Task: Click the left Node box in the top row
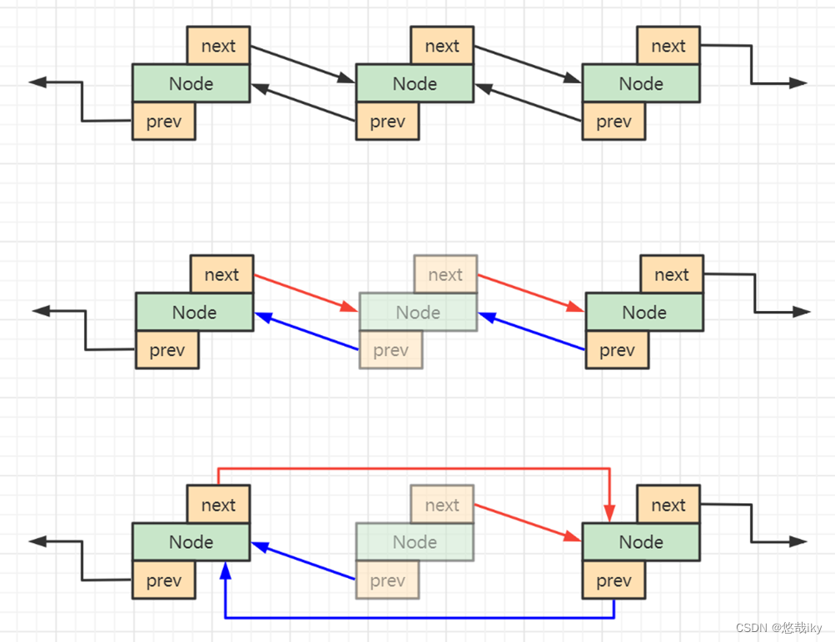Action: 191,84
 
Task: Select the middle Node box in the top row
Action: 415,84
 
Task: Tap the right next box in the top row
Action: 668,46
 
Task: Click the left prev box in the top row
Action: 163,121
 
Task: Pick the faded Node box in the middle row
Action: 418,313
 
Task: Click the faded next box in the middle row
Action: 445,274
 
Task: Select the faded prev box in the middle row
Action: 390,350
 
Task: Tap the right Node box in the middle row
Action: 644,313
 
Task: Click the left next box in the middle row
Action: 221,274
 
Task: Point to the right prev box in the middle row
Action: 617,350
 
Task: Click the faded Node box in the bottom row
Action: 415,542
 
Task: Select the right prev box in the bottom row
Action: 614,580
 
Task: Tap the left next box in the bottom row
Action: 218,505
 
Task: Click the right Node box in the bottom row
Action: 641,542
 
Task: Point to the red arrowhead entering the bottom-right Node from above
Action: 610,515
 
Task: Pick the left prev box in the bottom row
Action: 163,580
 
